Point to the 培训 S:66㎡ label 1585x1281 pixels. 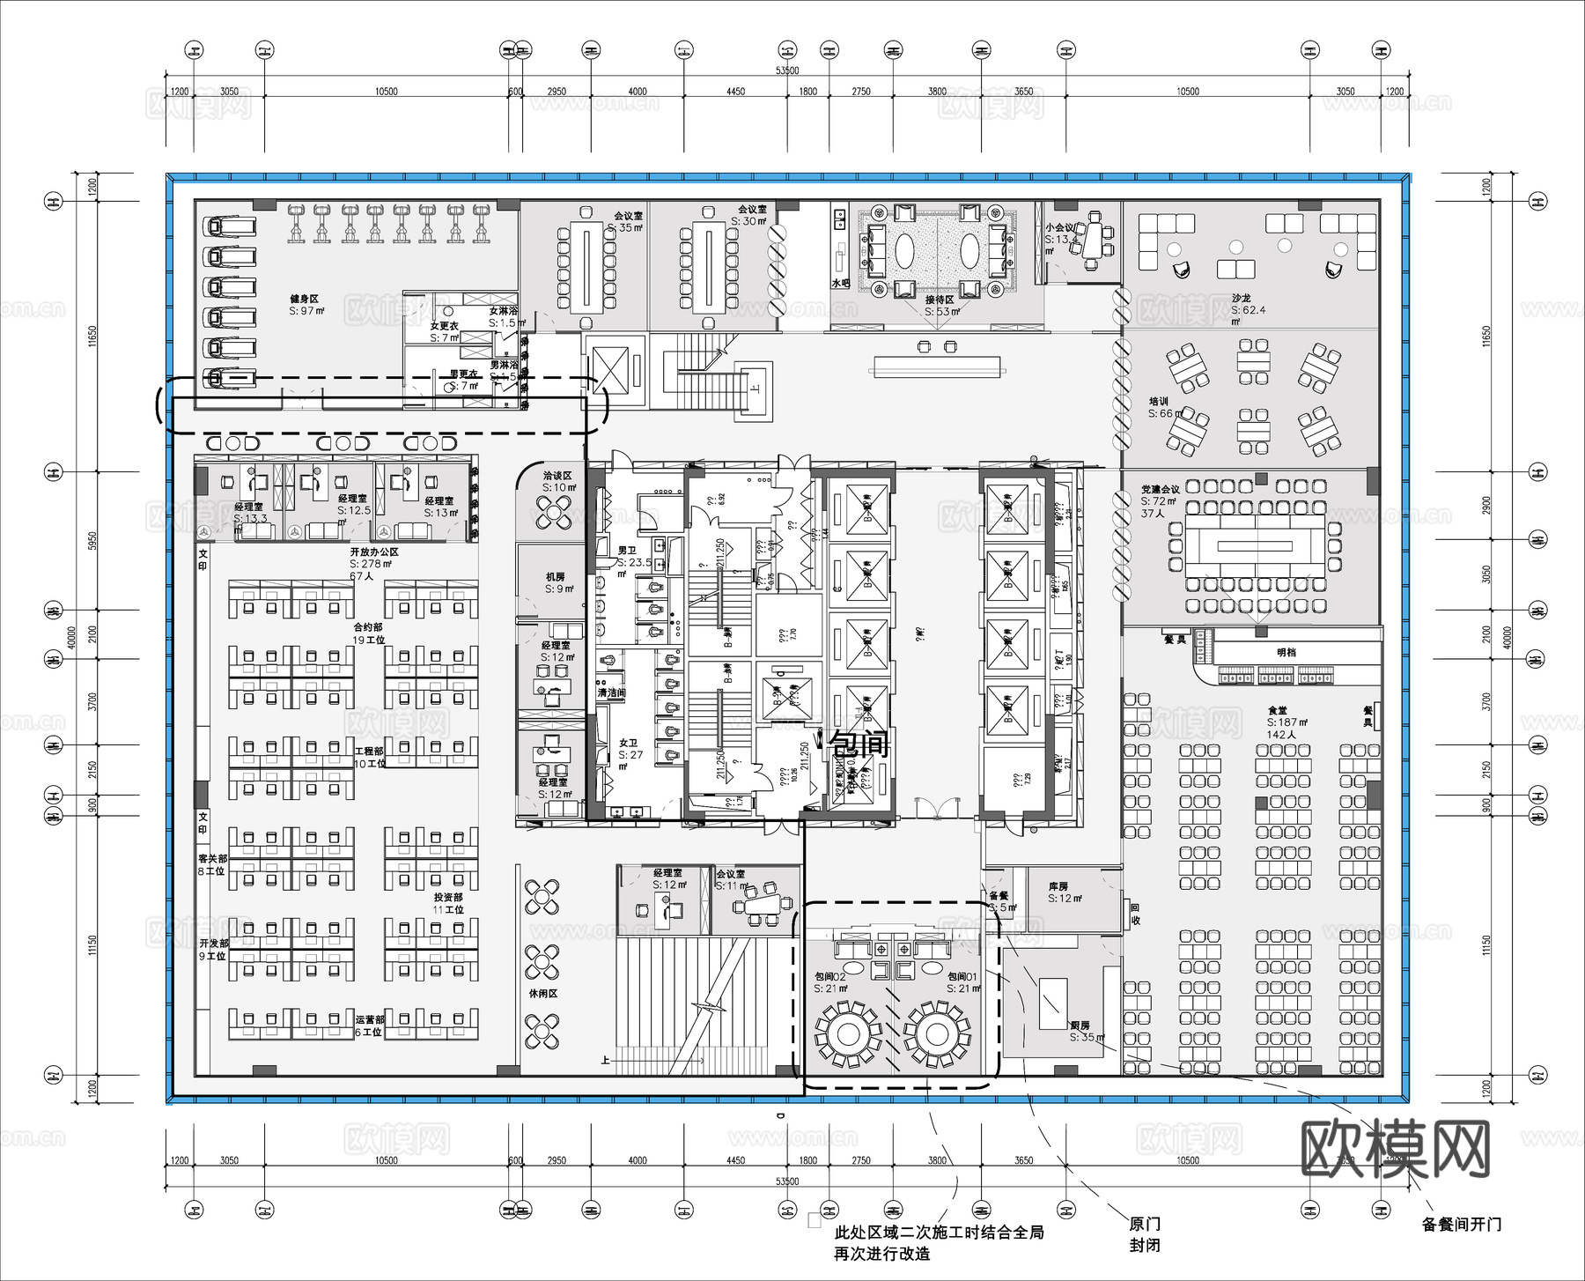1163,408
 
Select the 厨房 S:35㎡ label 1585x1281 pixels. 1084,1032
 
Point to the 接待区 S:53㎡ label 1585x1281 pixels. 940,306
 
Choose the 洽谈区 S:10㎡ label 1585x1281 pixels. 557,481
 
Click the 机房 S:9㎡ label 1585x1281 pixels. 557,582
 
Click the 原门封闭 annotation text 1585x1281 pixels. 1144,1234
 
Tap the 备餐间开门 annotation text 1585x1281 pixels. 1461,1224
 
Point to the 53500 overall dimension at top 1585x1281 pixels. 786,70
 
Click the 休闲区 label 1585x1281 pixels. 542,993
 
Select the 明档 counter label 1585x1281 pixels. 1286,653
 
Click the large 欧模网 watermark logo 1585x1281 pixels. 1395,1149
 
